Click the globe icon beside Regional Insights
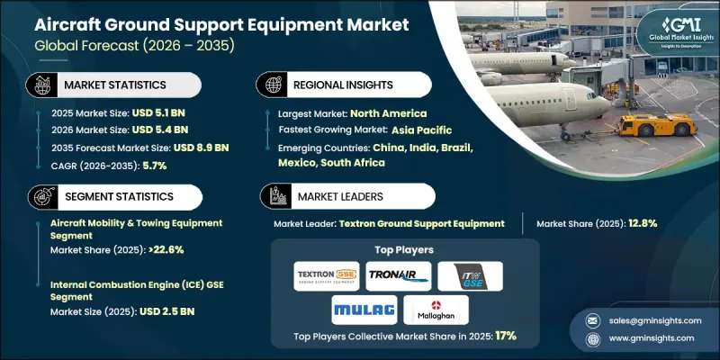coord(271,84)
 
